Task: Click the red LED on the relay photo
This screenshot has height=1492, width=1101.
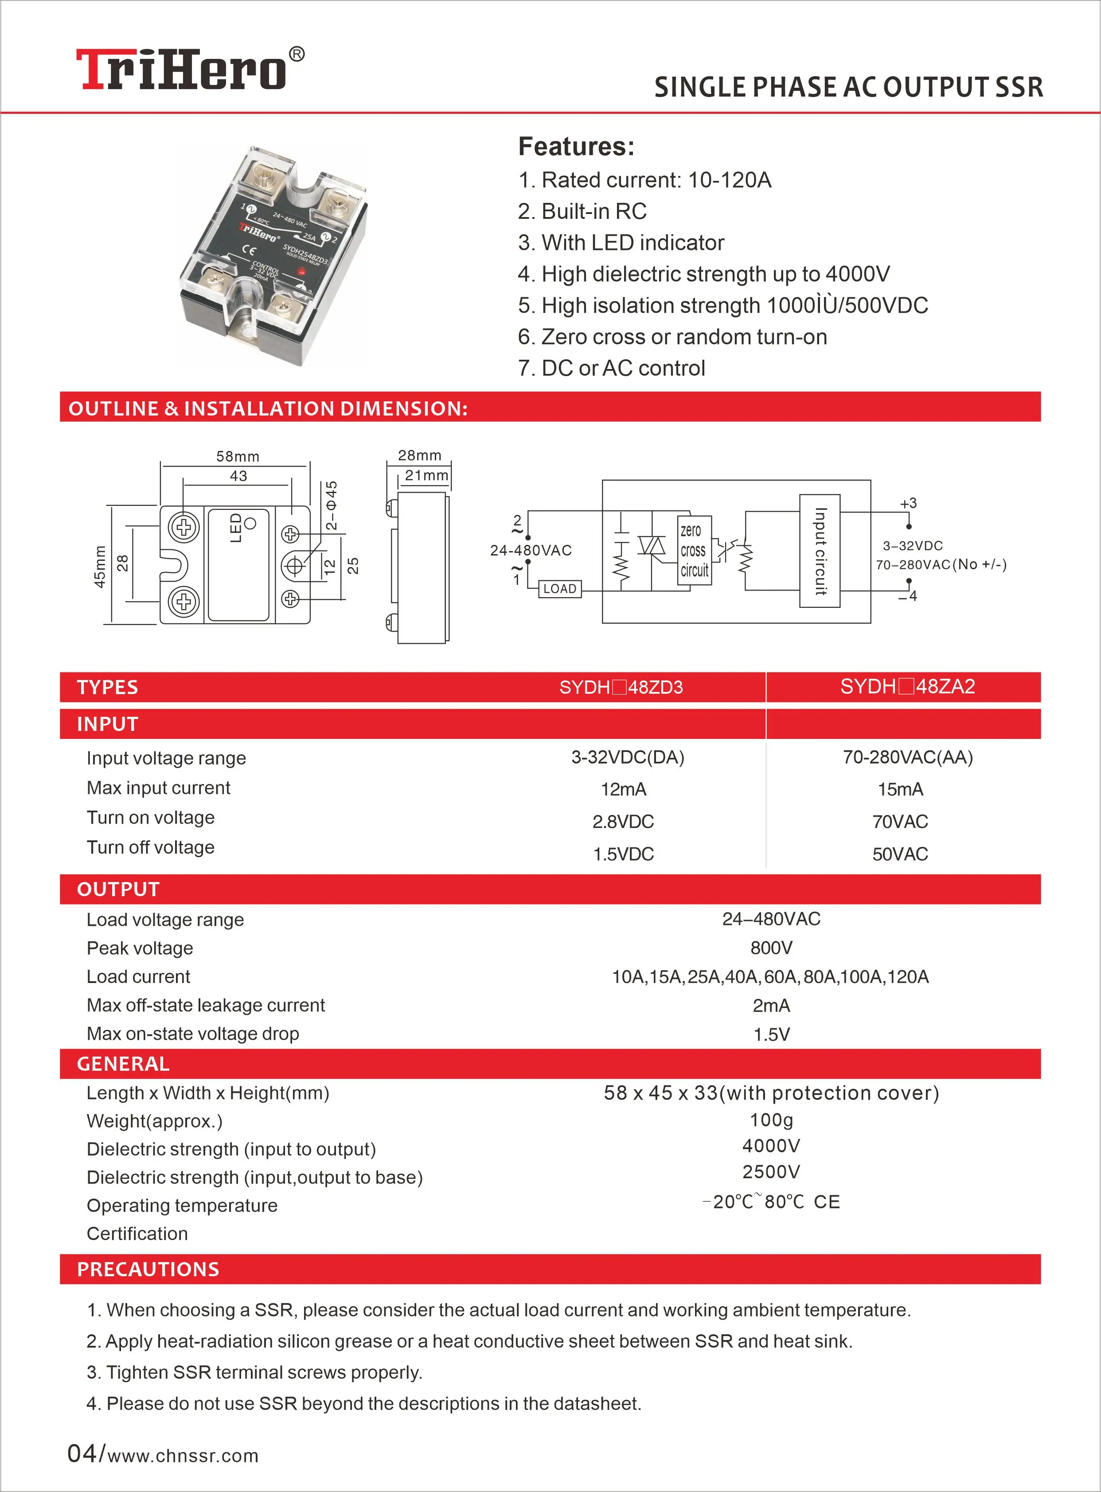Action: click(302, 271)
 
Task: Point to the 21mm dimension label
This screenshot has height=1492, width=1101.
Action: click(426, 476)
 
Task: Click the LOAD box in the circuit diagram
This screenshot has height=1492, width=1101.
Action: click(559, 589)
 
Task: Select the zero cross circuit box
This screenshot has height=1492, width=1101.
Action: click(694, 551)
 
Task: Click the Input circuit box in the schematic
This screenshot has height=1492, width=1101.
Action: click(820, 551)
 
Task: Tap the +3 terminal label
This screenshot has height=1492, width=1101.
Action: click(908, 504)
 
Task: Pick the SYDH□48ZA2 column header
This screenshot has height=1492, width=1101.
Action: click(906, 687)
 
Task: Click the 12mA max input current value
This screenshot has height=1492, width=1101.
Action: click(623, 789)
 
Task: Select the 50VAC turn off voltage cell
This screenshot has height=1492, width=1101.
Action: click(900, 854)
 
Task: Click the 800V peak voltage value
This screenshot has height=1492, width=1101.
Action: click(771, 948)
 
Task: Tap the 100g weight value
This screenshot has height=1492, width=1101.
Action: click(771, 1120)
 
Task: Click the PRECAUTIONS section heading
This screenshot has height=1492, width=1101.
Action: click(148, 1270)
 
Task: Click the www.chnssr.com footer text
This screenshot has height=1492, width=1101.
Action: click(183, 1456)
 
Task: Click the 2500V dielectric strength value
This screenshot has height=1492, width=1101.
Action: click(771, 1172)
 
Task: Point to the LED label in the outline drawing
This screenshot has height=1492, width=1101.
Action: click(236, 528)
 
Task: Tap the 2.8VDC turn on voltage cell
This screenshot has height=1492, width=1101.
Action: click(623, 822)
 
